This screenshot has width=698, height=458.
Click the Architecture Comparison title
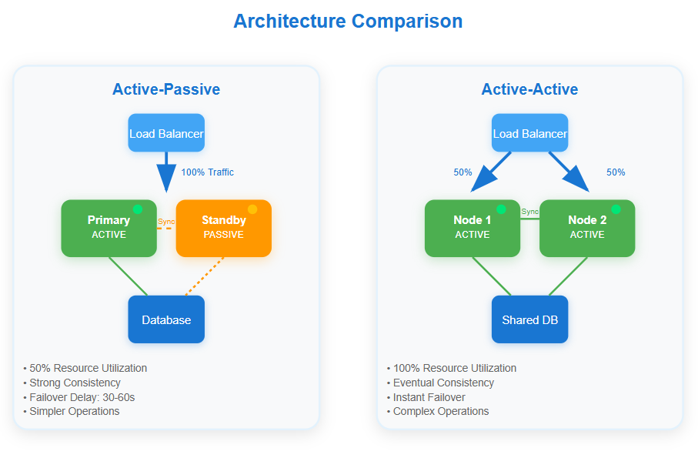pyautogui.click(x=348, y=21)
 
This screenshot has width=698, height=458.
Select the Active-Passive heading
pyautogui.click(x=166, y=89)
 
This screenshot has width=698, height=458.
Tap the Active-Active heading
pyautogui.click(x=529, y=89)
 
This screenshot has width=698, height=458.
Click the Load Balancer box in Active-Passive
pyautogui.click(x=166, y=133)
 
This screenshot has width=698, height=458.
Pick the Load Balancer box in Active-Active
pyautogui.click(x=529, y=133)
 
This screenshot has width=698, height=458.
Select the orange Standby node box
pyautogui.click(x=223, y=228)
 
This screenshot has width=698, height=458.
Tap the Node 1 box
pyautogui.click(x=472, y=228)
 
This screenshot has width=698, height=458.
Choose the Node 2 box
pyautogui.click(x=587, y=228)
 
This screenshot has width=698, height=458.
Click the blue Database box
pyautogui.click(x=166, y=319)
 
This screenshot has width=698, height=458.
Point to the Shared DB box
pyautogui.click(x=529, y=319)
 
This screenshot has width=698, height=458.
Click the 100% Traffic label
pyautogui.click(x=208, y=172)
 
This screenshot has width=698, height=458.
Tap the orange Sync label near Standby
pyautogui.click(x=166, y=222)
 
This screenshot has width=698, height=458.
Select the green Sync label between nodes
pyautogui.click(x=529, y=212)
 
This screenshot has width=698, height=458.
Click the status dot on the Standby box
pyautogui.click(x=252, y=209)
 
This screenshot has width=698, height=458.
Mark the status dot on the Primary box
pyautogui.click(x=138, y=209)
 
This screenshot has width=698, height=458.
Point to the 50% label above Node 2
pyautogui.click(x=616, y=172)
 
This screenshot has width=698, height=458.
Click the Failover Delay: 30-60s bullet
pyautogui.click(x=82, y=397)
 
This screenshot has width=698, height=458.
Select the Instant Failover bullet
pyautogui.click(x=429, y=397)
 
